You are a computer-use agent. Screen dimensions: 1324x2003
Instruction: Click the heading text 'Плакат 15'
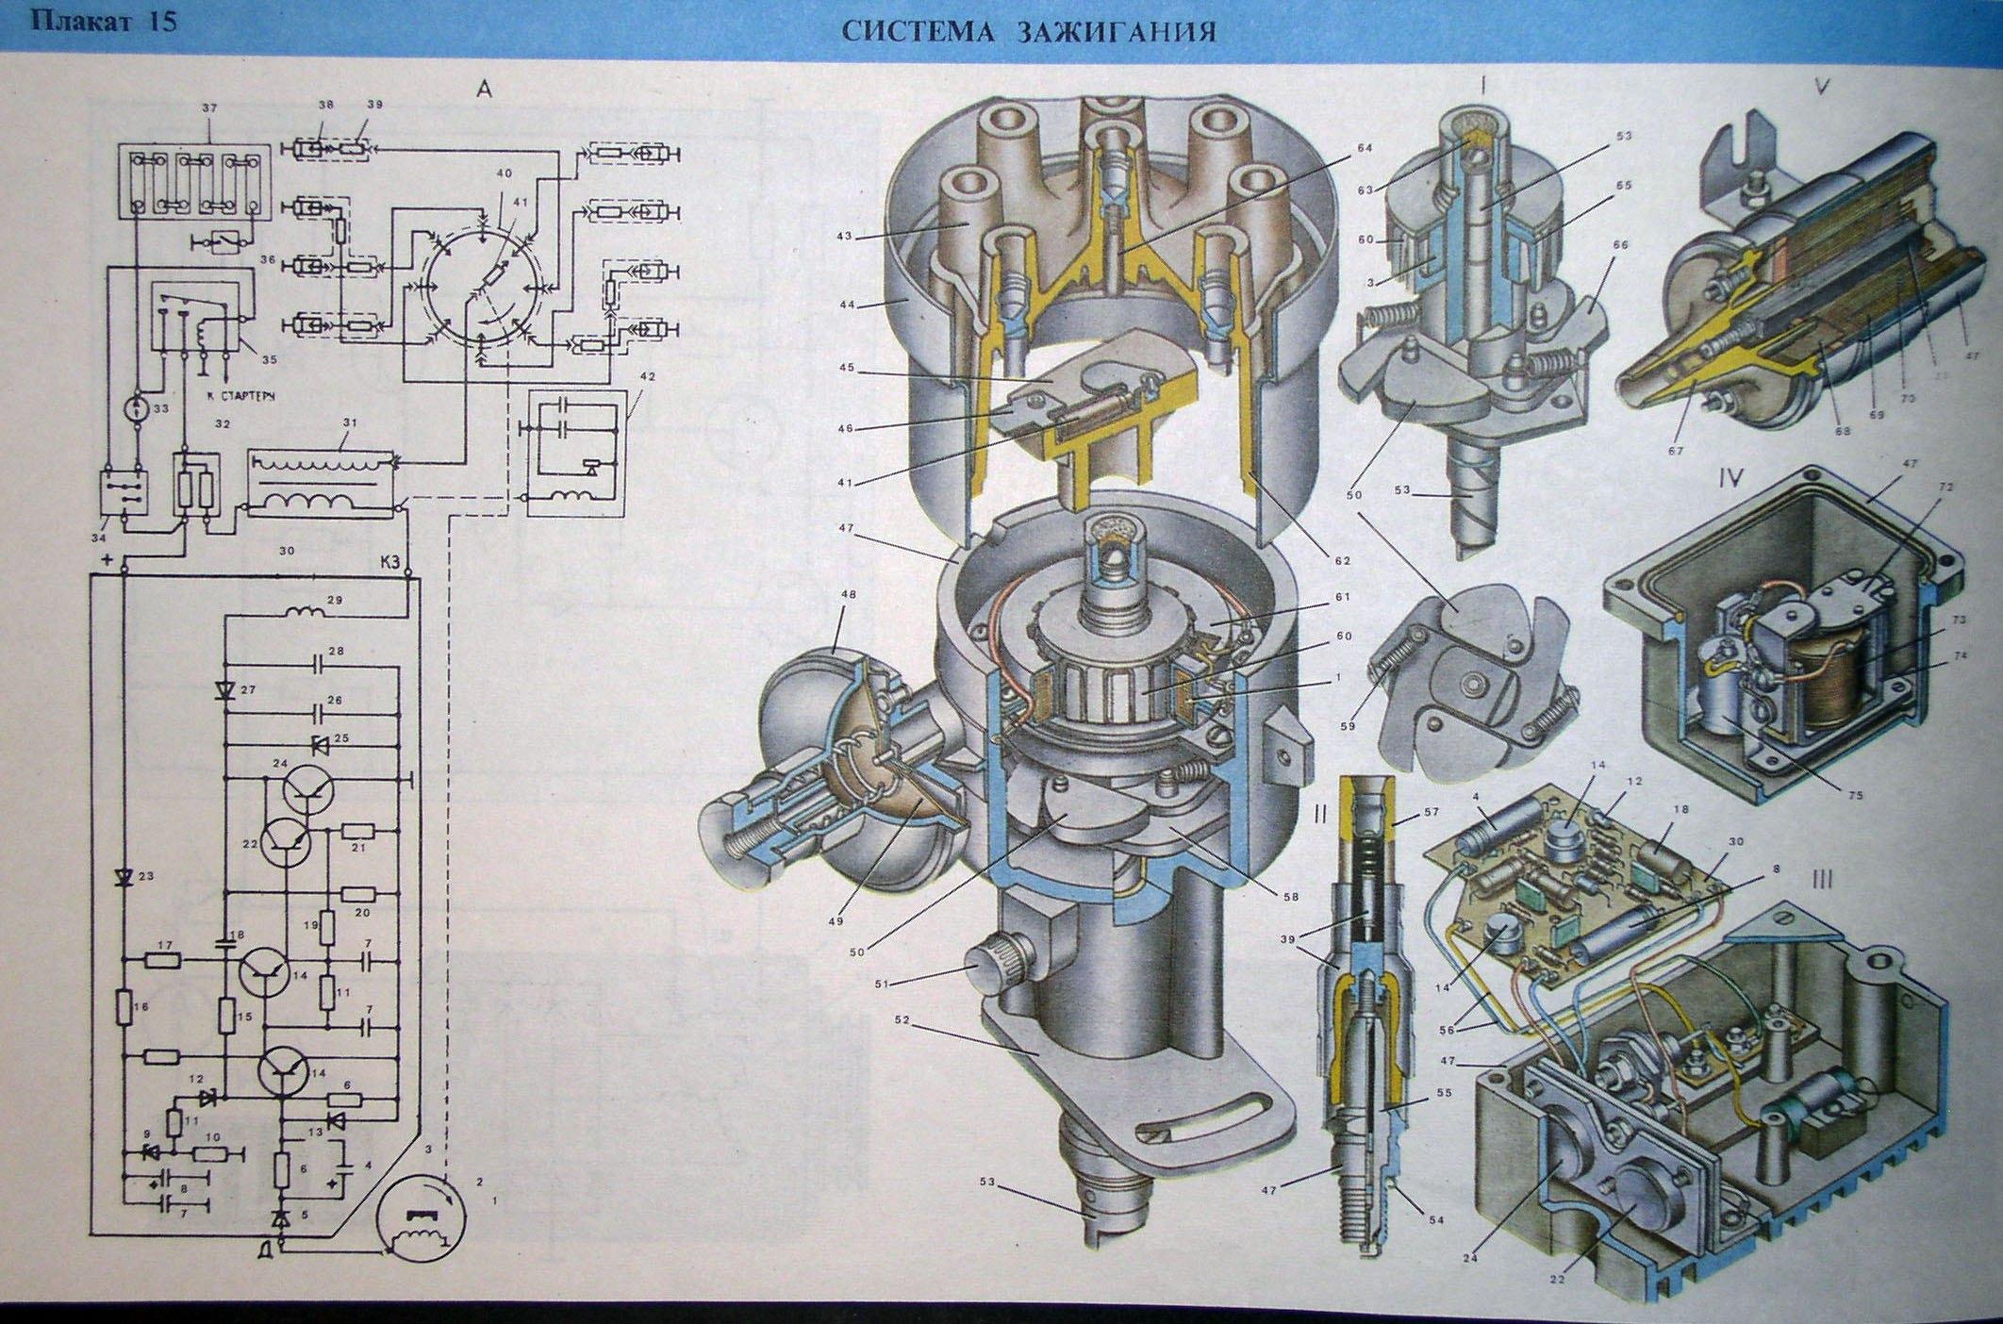[x=104, y=21]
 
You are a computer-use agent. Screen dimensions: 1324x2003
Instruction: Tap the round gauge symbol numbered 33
[x=136, y=408]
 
